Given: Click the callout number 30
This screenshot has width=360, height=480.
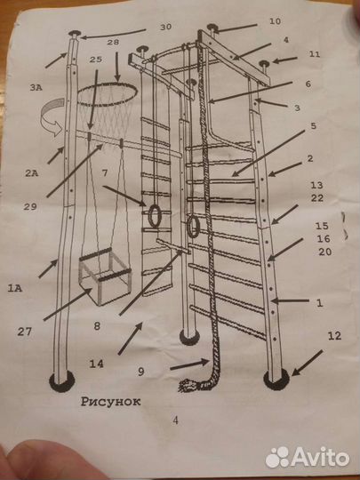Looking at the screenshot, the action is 165,27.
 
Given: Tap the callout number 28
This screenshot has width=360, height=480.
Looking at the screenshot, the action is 113,43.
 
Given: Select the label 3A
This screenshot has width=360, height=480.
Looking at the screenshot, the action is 36,88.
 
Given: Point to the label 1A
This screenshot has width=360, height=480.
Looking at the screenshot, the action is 15,288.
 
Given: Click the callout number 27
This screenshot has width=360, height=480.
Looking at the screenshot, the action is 25,332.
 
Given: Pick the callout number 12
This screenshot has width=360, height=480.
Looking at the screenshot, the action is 334,336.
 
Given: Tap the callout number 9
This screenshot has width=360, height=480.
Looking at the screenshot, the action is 140,372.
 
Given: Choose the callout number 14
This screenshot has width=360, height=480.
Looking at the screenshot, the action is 96,364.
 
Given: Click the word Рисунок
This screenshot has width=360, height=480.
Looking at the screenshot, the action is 111,402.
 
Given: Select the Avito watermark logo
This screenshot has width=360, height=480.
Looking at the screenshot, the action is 308,458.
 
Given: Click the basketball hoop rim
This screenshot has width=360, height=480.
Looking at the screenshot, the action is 107,84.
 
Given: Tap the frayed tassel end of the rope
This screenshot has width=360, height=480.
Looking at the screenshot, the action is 188,385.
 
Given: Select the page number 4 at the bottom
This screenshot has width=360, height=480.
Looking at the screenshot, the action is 175,420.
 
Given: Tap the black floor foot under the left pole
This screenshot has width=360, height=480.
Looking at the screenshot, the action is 62,381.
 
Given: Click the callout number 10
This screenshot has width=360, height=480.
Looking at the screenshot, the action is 275,21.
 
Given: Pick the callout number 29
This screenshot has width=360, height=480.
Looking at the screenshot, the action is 30,206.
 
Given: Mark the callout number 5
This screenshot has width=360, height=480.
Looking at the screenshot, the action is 313,126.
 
